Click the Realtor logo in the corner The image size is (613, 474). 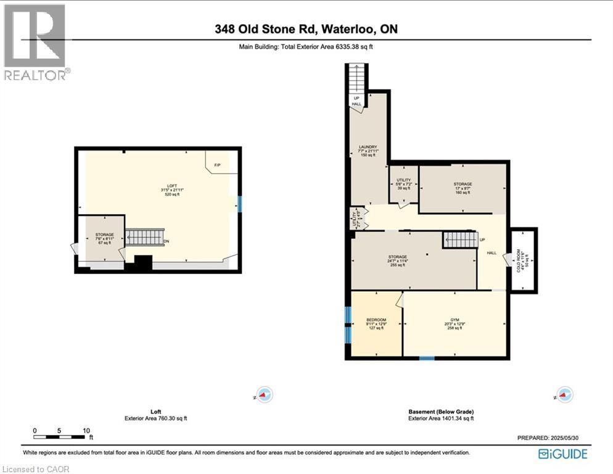(35, 42)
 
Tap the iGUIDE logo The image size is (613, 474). (562, 454)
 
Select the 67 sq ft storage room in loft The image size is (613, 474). (104, 239)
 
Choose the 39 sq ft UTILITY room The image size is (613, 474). (403, 184)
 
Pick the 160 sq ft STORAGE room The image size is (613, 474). (463, 188)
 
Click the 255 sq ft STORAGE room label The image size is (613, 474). (397, 260)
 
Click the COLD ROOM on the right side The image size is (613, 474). (524, 259)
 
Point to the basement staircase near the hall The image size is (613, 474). (460, 239)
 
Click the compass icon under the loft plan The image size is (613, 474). (265, 395)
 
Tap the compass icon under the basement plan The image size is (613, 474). (564, 395)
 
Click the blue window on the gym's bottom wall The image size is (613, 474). (426, 358)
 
